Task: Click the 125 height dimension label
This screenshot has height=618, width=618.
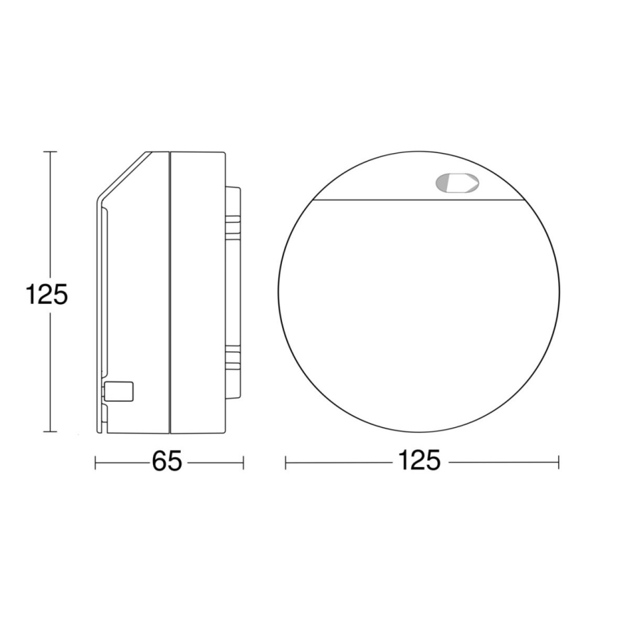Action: [x=46, y=293]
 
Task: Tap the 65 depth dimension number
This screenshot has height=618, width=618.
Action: [x=167, y=462]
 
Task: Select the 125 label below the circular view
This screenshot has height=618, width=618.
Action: [x=420, y=462]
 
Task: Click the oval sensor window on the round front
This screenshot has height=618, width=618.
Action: [x=456, y=184]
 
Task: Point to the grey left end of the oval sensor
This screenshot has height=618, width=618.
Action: [x=442, y=184]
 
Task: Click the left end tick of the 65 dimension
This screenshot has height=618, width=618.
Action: [x=96, y=463]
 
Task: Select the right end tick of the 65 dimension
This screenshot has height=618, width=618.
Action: [x=243, y=463]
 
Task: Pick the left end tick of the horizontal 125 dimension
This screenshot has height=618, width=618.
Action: [x=286, y=463]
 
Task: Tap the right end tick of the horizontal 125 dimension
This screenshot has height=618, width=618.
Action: [x=558, y=463]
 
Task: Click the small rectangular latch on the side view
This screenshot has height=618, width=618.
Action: [x=120, y=392]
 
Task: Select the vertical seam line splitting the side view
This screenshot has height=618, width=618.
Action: [x=170, y=292]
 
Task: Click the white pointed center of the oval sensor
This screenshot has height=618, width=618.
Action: [x=461, y=184]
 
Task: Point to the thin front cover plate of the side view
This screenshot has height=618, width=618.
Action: [x=100, y=299]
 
